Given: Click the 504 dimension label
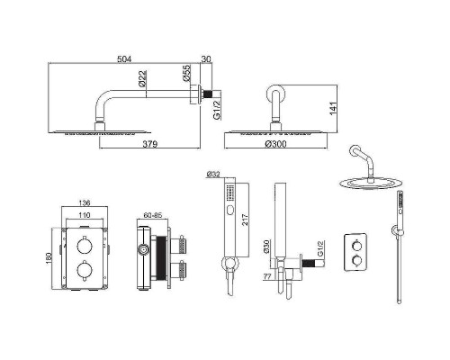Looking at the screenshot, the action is pos(124,59).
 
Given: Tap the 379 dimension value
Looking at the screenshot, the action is pos(150,144).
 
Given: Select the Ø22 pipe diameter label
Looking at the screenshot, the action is pos(143,79).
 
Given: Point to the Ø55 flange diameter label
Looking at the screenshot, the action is pos(186,73).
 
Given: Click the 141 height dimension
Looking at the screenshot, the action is pos(334,108).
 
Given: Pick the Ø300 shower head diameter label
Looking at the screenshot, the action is pos(276,144).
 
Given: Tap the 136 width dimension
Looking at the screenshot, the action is pos(85,203).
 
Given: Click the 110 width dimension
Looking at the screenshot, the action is pos(85,215).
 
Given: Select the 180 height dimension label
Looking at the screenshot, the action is pos(49,258).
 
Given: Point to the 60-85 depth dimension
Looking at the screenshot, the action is pos(153,215).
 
